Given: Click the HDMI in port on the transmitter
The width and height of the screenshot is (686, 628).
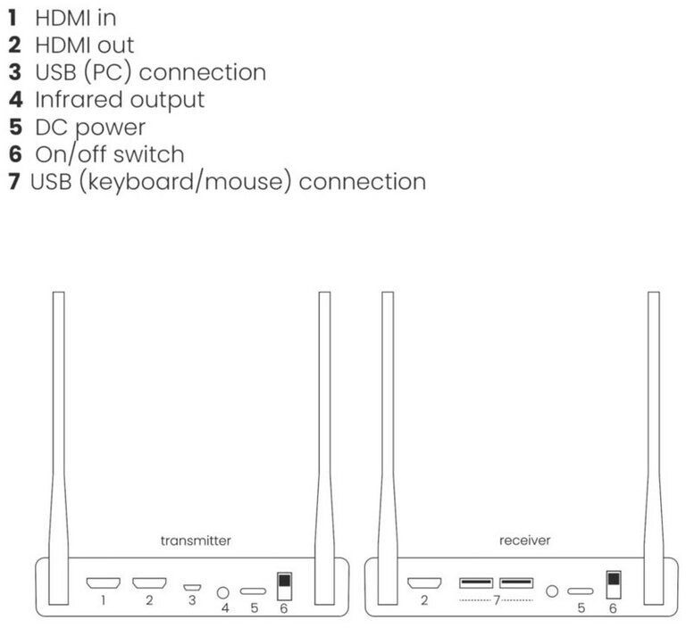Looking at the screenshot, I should (103, 584).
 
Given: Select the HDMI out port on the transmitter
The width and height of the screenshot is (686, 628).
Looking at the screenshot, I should (149, 584).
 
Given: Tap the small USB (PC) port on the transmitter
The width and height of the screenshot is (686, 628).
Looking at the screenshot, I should (191, 587).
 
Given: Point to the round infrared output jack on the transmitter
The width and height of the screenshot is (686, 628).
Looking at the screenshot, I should (224, 591).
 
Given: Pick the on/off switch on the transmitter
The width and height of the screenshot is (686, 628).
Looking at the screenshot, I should (284, 586).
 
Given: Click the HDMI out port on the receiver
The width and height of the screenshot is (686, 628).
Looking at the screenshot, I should (424, 584).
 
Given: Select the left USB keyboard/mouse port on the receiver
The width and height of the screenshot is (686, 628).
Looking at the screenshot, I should (475, 584).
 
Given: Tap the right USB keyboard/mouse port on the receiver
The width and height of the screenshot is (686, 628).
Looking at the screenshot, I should (516, 584).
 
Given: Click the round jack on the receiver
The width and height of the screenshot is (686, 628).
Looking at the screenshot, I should (552, 591).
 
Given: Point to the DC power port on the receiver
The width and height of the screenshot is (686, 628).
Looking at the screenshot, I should (581, 591).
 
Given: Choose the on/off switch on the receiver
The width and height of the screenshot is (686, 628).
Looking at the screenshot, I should (613, 586).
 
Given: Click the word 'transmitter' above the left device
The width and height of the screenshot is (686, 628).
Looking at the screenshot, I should (196, 541).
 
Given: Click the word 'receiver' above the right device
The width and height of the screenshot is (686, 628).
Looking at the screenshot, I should (525, 541).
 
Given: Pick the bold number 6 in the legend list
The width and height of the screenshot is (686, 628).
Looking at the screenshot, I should (14, 154).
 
